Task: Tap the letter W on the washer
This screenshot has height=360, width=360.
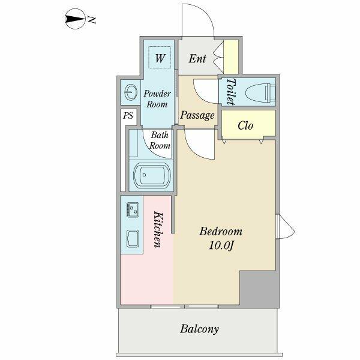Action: tap(160, 58)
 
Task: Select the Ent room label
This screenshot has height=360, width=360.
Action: tap(197, 59)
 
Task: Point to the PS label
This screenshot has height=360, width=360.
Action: tap(128, 116)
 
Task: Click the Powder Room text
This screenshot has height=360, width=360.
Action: tap(157, 98)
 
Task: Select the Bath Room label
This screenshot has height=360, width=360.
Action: tap(160, 140)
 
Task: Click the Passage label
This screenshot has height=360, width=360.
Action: tap(197, 115)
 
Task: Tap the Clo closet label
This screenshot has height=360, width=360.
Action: tap(245, 125)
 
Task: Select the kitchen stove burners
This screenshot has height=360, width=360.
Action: tap(132, 209)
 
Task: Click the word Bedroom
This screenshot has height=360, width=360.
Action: tap(220, 232)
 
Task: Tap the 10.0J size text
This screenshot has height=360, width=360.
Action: tap(220, 245)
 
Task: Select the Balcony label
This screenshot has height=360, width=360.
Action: tap(199, 329)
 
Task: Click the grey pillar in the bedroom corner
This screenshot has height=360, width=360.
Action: tap(258, 288)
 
